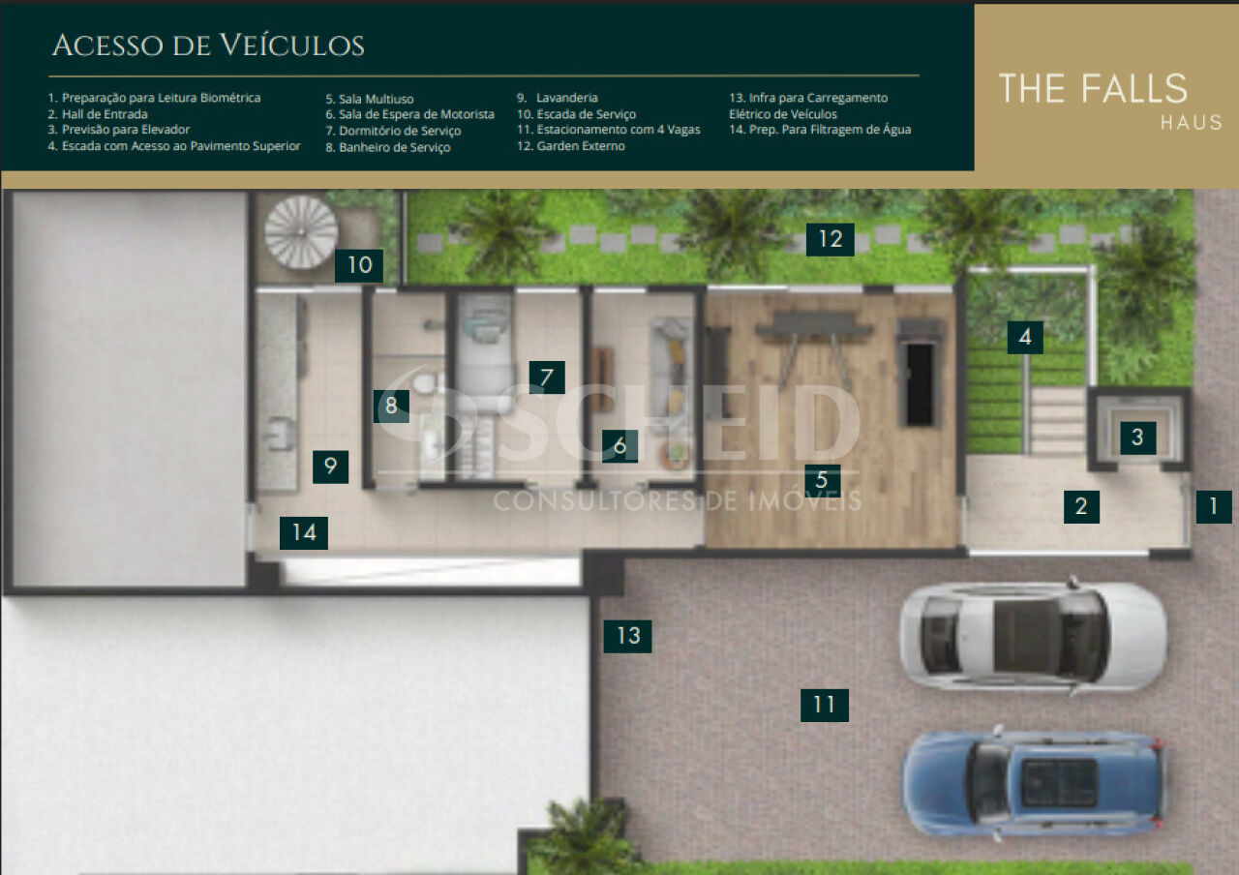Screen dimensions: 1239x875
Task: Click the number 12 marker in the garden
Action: [x=830, y=239]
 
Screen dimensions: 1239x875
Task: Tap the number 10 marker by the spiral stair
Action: [x=359, y=265]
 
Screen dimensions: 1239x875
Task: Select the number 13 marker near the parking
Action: [x=627, y=636]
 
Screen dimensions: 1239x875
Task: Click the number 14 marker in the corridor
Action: [x=304, y=533]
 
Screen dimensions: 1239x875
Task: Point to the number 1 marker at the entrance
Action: [x=1214, y=506]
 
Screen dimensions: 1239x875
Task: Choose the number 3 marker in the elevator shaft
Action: [x=1137, y=437]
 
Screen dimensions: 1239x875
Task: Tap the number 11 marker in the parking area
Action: [x=824, y=706]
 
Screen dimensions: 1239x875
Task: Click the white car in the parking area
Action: [x=1033, y=635]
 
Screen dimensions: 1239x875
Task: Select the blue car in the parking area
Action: [x=1032, y=784]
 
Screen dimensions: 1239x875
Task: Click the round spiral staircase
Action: [x=301, y=231]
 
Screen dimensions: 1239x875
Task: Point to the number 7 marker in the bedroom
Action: [x=547, y=377]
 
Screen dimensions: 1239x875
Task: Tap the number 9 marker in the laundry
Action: [x=330, y=467]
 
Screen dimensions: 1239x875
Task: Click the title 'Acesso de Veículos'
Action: [x=208, y=45]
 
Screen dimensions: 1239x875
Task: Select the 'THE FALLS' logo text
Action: [x=1093, y=88]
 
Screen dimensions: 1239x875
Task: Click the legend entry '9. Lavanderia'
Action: [x=558, y=98]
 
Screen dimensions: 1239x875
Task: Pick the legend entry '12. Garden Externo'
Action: [x=571, y=146]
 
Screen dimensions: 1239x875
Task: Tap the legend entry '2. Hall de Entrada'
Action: [x=98, y=114]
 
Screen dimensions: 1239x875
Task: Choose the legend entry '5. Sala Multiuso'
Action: [x=370, y=99]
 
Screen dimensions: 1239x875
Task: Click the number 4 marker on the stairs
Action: [x=1025, y=338]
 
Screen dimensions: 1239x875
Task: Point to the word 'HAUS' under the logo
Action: [x=1192, y=122]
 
